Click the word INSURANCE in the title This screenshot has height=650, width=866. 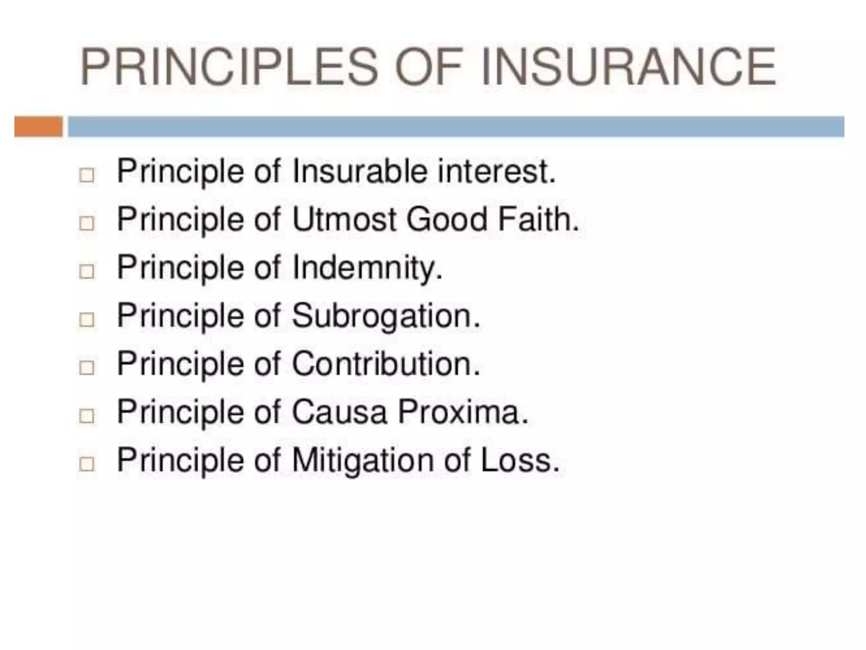(x=628, y=67)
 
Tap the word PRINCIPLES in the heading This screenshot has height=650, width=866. (x=228, y=67)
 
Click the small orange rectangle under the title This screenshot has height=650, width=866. (x=38, y=127)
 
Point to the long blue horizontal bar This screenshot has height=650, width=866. (x=456, y=127)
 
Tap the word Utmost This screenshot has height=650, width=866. (x=345, y=220)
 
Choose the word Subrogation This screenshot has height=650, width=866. (x=386, y=316)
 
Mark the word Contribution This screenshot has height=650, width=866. (x=386, y=364)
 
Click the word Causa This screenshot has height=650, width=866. (x=339, y=412)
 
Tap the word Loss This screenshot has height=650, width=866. (x=520, y=460)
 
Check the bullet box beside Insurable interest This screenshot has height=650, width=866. (x=87, y=175)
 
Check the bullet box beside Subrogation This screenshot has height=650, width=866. (x=87, y=320)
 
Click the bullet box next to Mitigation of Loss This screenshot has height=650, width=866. (x=87, y=464)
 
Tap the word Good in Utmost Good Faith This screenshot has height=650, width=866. (x=447, y=220)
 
